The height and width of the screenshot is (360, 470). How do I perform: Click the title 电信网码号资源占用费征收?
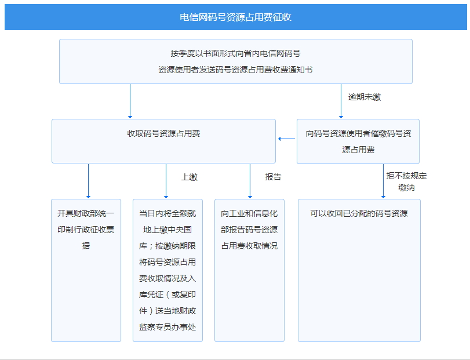pyautogui.click(x=235, y=17)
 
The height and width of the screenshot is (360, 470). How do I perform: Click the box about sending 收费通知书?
pyautogui.click(x=236, y=61)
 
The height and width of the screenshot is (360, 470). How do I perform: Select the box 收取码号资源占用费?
pyautogui.click(x=163, y=141)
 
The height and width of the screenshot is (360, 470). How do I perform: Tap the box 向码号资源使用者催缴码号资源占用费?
pyautogui.click(x=358, y=141)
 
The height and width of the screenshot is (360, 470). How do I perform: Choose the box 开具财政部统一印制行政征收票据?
pyautogui.click(x=86, y=270)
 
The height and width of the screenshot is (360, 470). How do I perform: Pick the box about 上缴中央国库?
pyautogui.click(x=167, y=270)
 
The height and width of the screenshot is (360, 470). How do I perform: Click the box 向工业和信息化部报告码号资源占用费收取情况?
pyautogui.click(x=249, y=270)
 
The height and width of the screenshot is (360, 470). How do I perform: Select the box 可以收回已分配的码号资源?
pyautogui.click(x=359, y=270)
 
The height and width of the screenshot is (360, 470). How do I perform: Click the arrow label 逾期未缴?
pyautogui.click(x=364, y=97)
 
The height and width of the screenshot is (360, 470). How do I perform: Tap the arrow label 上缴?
pyautogui.click(x=189, y=177)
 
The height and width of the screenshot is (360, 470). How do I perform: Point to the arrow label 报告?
pyautogui.click(x=273, y=177)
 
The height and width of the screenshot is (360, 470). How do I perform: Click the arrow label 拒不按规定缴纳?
pyautogui.click(x=406, y=181)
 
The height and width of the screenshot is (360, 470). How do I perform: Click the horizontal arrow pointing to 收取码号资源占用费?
pyautogui.click(x=286, y=139)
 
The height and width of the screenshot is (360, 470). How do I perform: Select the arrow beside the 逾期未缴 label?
pyautogui.click(x=341, y=101)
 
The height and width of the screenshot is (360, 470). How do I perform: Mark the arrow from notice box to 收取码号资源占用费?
pyautogui.click(x=130, y=101)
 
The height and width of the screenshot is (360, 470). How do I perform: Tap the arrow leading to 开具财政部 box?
pyautogui.click(x=89, y=181)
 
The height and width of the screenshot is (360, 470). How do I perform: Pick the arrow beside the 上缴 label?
pyautogui.click(x=166, y=181)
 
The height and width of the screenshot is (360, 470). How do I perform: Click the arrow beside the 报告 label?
pyautogui.click(x=250, y=181)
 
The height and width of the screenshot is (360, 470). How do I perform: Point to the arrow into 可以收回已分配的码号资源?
pyautogui.click(x=383, y=181)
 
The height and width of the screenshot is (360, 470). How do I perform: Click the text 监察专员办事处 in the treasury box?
pyautogui.click(x=167, y=327)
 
